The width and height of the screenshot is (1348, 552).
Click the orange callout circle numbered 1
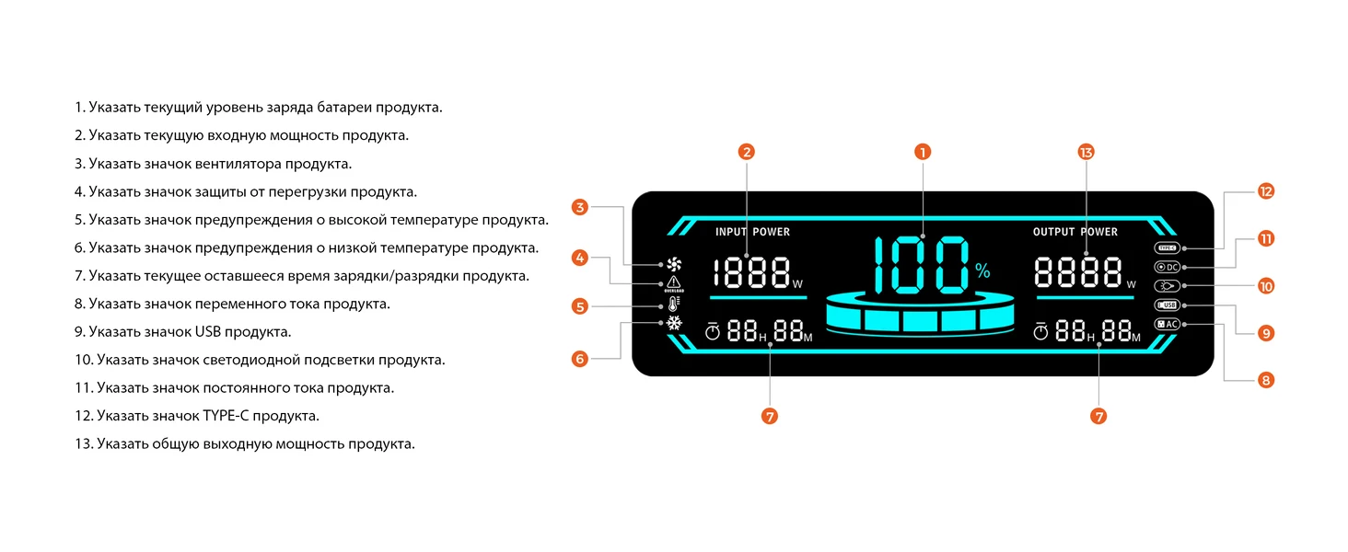pos(923,152)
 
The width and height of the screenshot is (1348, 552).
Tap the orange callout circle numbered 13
pos(1086,152)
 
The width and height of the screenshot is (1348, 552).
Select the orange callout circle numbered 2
pos(747,152)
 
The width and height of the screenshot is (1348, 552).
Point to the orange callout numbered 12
pos(1266,191)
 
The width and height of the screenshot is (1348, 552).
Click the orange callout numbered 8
pos(1266,379)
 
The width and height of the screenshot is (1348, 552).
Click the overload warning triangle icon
pos(674,284)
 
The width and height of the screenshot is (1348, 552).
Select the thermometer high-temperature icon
pos(674,305)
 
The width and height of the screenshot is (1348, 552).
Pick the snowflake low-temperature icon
pos(674,324)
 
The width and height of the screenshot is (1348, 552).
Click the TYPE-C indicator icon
pos(1167,247)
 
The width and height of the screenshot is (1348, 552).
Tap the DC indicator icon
pos(1167,267)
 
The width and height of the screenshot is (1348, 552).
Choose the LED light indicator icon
pos(1167,286)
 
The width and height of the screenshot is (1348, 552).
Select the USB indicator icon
pos(1167,305)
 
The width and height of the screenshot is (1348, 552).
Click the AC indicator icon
pos(1167,324)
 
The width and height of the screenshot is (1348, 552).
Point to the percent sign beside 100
pos(982,270)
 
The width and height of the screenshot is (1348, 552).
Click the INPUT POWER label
pos(752,232)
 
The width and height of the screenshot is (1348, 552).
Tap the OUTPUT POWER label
pos(1075,232)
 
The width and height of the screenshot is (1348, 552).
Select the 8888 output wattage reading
pos(1078,272)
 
